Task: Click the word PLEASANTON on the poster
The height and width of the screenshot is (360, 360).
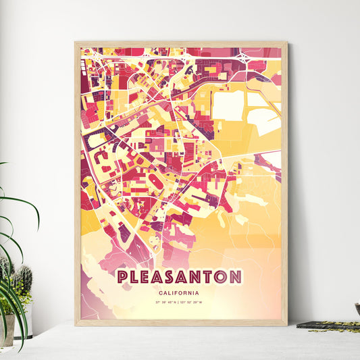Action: click(180, 277)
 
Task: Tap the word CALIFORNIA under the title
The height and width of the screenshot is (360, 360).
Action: click(180, 292)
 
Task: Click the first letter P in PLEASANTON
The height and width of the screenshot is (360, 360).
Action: click(122, 277)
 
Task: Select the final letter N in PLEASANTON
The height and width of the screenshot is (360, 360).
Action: click(235, 277)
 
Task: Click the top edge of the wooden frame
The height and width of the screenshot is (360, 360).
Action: click(180, 43)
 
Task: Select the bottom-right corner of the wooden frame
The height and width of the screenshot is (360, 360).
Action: click(286, 324)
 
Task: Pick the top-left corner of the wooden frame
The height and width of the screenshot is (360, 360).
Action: click(76, 43)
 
